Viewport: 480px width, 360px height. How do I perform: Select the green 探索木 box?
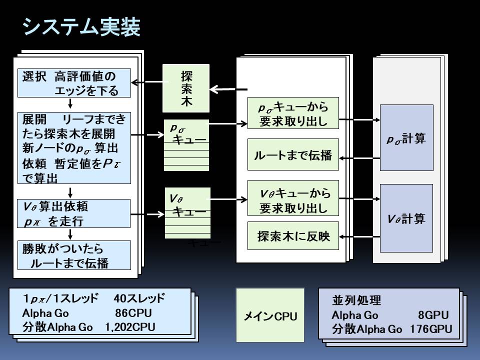(x=186, y=88)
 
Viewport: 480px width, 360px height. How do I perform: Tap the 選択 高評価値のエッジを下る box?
(x=74, y=83)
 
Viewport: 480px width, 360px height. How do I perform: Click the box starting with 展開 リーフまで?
(x=74, y=147)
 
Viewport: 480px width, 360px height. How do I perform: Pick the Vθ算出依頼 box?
(x=74, y=213)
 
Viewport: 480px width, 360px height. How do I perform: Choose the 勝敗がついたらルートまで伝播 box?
(x=74, y=255)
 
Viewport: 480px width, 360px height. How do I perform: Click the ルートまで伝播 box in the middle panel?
(x=293, y=155)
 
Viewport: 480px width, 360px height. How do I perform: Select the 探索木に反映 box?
(x=293, y=235)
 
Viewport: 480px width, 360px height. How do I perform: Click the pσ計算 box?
(x=406, y=138)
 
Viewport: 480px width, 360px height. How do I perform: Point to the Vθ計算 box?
(x=406, y=218)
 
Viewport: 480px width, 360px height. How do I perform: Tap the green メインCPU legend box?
(x=270, y=315)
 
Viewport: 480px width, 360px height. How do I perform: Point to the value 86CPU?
(x=133, y=313)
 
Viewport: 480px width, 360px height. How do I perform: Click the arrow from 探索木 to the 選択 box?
(x=147, y=83)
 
